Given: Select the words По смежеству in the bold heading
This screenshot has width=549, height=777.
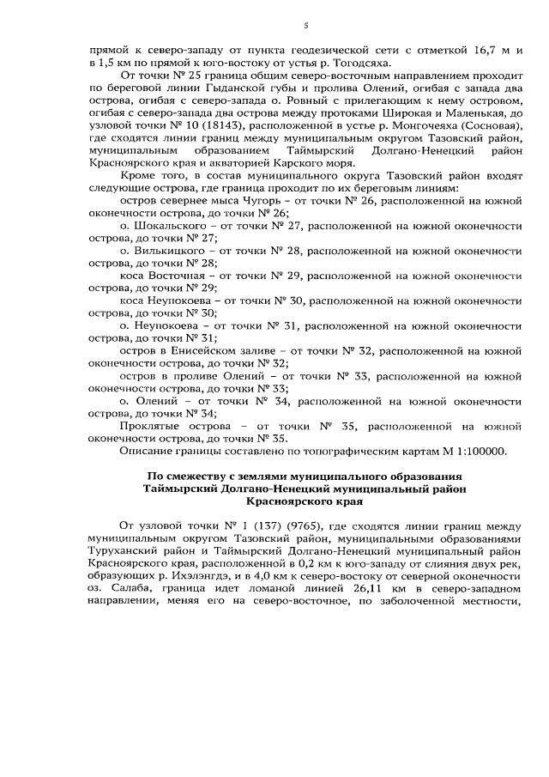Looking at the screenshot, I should coord(184,476).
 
